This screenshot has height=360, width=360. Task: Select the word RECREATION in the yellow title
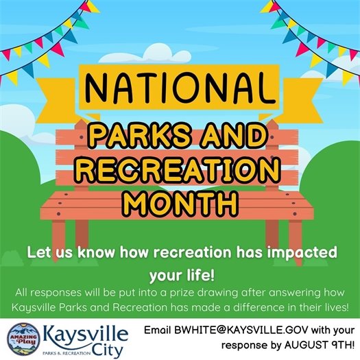[179, 171]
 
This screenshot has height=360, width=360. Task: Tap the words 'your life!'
[179, 275]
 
